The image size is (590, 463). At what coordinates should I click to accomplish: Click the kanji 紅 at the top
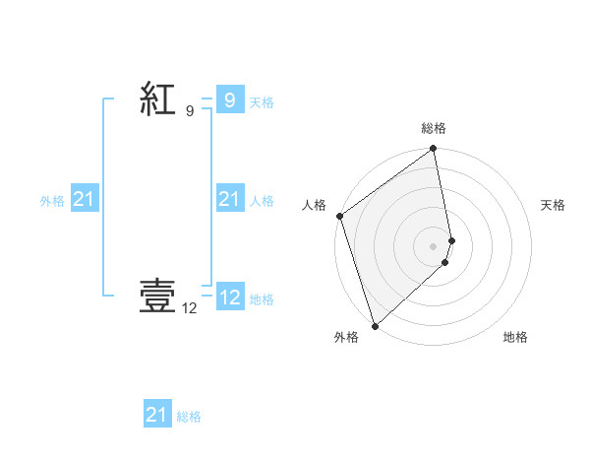pos(158,100)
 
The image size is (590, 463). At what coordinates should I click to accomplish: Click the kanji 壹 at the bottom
pos(158,296)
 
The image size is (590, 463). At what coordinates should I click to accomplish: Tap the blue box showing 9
pos(229,99)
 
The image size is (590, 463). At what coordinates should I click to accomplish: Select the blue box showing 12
pos(229,297)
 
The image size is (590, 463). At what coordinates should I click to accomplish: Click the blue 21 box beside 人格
pos(229,199)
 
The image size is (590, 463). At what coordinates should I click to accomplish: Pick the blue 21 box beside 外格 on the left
pos(85,199)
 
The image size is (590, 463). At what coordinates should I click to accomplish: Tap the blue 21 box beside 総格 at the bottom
pos(157,415)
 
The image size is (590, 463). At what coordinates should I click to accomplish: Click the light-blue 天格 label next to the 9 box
pos(262,102)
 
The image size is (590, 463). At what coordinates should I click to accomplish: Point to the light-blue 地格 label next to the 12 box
pos(262,299)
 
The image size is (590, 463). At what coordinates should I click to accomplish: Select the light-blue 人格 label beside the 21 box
pos(262,201)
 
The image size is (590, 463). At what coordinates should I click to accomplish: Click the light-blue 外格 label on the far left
pos(52,201)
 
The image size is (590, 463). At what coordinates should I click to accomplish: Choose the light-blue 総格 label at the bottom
pos(189,418)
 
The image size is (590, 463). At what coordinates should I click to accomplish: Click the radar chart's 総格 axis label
pos(434,128)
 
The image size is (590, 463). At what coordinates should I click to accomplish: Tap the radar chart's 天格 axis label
pos(553,205)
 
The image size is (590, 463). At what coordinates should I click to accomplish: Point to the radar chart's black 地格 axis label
pos(515,338)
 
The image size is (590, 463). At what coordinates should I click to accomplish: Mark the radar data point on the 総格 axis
pos(434,150)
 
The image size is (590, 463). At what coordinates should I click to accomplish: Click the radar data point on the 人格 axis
pos(339,216)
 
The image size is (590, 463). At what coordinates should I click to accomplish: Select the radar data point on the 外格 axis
pos(375,326)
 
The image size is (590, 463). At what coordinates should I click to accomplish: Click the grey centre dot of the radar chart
pos(434,246)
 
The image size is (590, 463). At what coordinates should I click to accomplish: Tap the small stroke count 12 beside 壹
pos(190,308)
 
